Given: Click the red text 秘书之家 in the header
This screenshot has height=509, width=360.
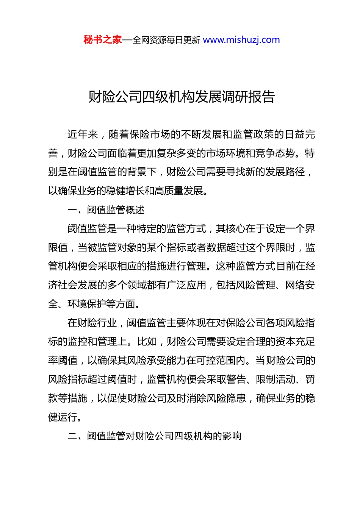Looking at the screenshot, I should [x=103, y=40].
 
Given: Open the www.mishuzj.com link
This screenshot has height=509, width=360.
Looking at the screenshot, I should [x=241, y=40].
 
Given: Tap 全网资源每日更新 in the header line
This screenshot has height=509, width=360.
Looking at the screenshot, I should [x=166, y=40].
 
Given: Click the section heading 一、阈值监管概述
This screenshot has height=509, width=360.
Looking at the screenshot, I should [x=106, y=210].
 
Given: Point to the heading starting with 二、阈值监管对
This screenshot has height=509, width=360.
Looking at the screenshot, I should [x=154, y=436].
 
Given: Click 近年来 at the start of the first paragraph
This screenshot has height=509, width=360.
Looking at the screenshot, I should [x=82, y=134].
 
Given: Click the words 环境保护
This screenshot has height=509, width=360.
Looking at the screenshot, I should [x=87, y=304].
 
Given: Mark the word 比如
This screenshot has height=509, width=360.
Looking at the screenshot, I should [x=147, y=342].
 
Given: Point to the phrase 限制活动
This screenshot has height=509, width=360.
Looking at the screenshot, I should [x=275, y=379].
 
